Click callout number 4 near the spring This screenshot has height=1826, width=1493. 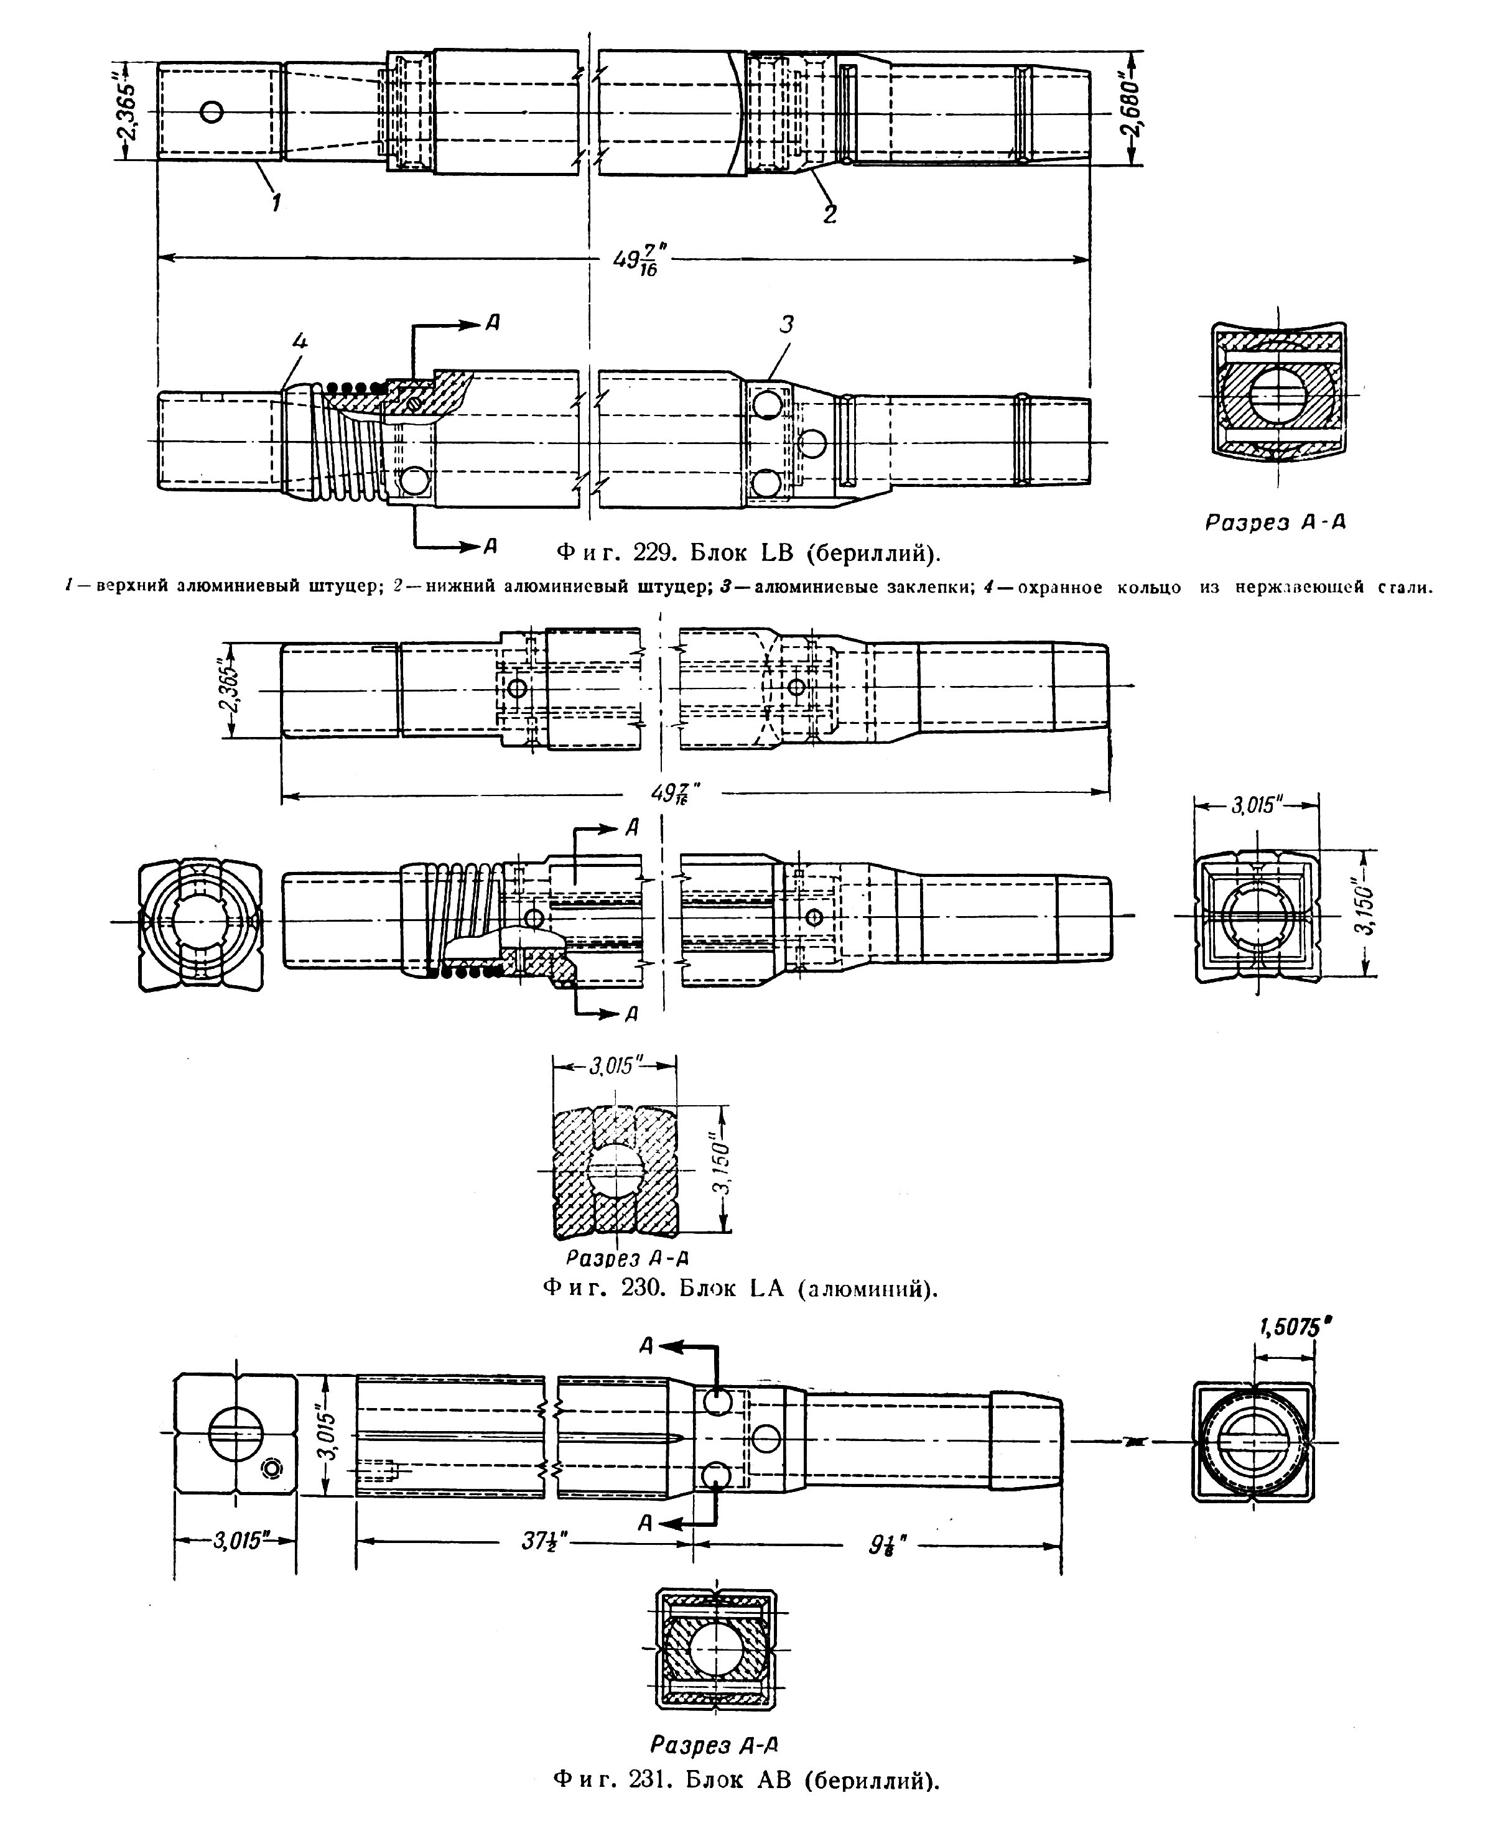pyautogui.click(x=299, y=341)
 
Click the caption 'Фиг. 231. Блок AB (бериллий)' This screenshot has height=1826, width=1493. pyautogui.click(x=746, y=1796)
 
